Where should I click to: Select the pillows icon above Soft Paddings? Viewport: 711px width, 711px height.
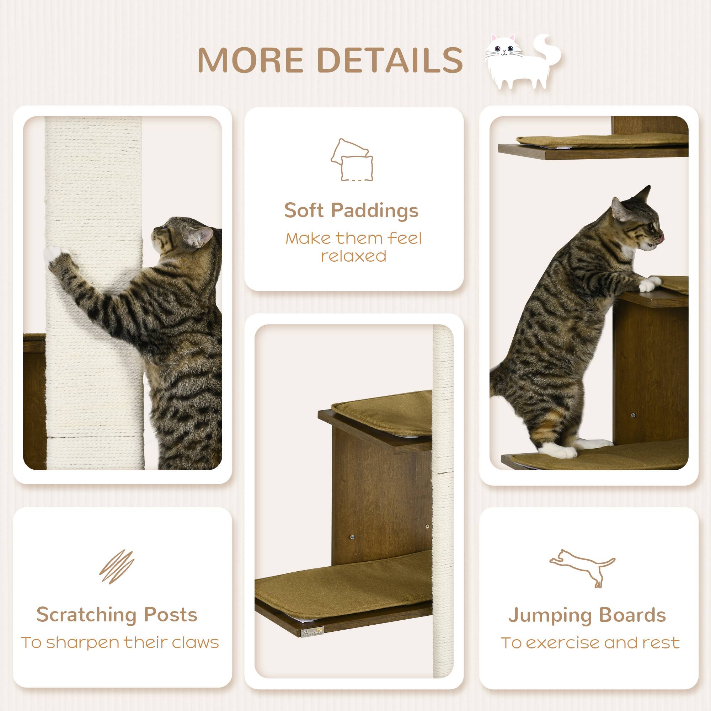pos(352,160)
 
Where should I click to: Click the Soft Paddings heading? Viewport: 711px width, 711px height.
pos(351,211)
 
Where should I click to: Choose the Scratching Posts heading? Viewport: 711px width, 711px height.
pos(117,615)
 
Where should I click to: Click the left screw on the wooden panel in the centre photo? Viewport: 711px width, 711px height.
pos(352,537)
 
